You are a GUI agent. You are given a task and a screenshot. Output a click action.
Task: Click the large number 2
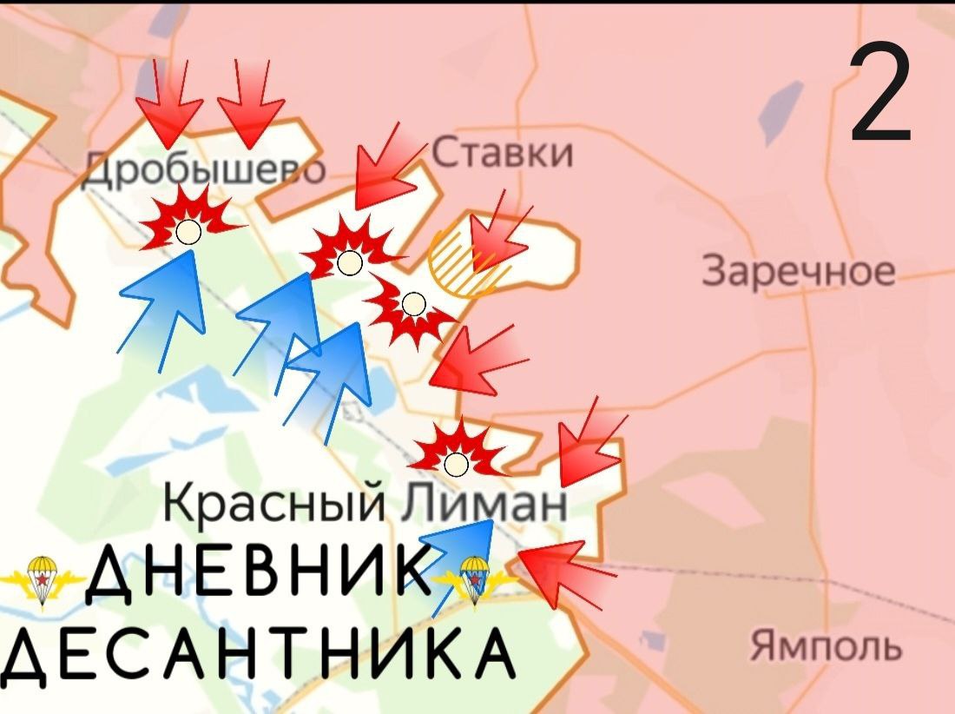pyautogui.click(x=879, y=95)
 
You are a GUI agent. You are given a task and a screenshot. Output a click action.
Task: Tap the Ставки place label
pyautogui.click(x=503, y=154)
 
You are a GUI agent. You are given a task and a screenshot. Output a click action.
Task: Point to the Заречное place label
pyautogui.click(x=798, y=271)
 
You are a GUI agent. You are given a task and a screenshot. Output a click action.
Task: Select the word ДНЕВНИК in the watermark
pyautogui.click(x=260, y=577)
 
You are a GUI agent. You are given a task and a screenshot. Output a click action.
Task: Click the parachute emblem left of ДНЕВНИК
pyautogui.click(x=39, y=577)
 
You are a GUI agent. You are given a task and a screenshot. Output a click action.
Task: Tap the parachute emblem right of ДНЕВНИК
pyautogui.click(x=474, y=577)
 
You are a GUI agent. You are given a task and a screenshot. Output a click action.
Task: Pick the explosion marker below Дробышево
pyautogui.click(x=188, y=228)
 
